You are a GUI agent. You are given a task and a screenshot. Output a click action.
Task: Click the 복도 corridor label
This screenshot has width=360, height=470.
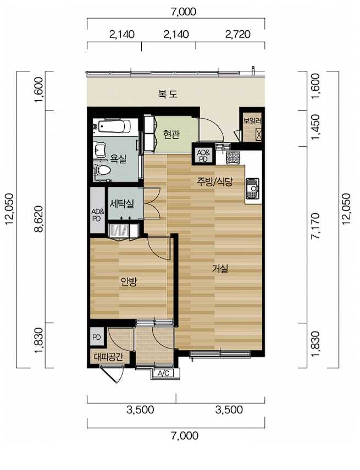click(x=168, y=94)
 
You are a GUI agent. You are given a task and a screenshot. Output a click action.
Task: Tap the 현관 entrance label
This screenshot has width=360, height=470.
click(x=171, y=134)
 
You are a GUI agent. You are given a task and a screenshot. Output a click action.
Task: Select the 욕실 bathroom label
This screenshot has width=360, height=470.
click(x=118, y=158)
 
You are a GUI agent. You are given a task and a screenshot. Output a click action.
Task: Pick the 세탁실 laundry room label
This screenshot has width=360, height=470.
click(x=121, y=204)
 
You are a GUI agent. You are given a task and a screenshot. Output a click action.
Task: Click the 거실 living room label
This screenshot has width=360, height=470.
click(x=220, y=269)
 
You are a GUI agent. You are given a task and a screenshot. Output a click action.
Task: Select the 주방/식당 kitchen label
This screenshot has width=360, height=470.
click(x=214, y=181)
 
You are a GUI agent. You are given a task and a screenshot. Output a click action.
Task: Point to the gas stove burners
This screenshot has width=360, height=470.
click(x=232, y=158)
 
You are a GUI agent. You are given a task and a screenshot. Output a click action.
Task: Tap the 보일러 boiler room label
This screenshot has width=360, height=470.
click(x=252, y=121)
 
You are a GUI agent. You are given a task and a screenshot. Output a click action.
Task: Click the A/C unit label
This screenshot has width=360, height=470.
click(x=163, y=373)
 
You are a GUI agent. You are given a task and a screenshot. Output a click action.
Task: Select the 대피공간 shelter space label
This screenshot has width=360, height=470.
click(x=108, y=357)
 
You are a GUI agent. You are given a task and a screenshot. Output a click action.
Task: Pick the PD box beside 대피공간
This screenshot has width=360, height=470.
click(x=97, y=338)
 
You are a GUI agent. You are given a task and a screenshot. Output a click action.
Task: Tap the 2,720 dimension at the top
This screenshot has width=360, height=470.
click(x=237, y=35)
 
